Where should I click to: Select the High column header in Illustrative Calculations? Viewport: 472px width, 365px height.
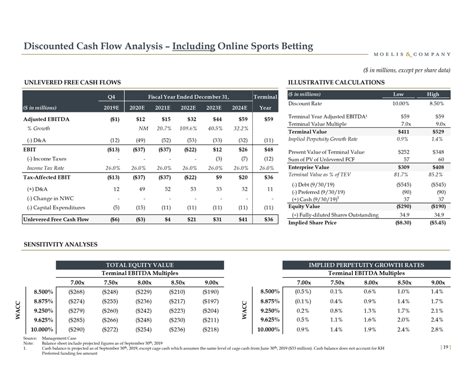point(433,94)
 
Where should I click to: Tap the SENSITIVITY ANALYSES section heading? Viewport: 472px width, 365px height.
point(61,244)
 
